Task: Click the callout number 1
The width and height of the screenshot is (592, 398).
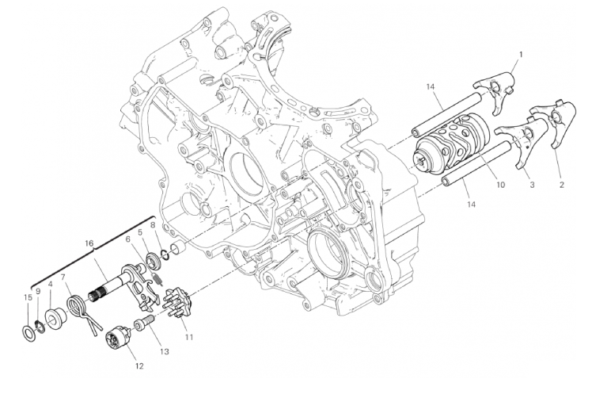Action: coord(521,55)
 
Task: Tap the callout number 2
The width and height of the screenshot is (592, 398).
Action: coord(561,186)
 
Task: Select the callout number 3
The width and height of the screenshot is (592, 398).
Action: coord(532,185)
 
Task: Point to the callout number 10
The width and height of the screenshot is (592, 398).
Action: coord(499,185)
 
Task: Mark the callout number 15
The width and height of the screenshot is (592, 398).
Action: coord(27,297)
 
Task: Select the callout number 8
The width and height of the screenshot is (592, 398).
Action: coord(153,225)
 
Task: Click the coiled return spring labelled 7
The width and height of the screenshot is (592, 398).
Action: coord(78,306)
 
